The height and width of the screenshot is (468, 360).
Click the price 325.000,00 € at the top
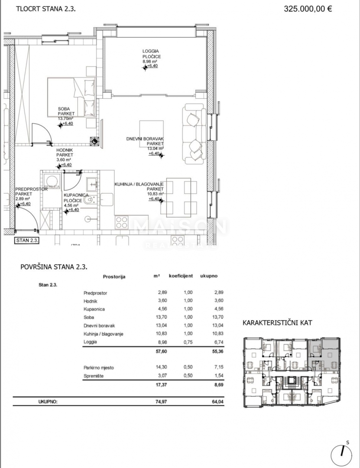point(308,8)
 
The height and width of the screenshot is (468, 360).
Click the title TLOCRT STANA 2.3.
point(45,8)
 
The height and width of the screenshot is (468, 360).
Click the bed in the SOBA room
point(72,97)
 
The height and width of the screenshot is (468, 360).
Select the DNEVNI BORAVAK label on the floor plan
point(145,139)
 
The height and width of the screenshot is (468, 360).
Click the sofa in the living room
point(195,133)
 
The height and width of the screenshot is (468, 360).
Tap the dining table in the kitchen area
point(178,197)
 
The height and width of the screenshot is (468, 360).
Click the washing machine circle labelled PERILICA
point(52,182)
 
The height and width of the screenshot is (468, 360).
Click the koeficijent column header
point(181,276)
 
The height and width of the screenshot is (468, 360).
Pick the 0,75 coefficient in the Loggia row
point(188,341)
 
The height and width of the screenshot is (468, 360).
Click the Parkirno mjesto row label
point(98,367)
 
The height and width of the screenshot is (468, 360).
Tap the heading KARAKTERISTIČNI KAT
point(277,323)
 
